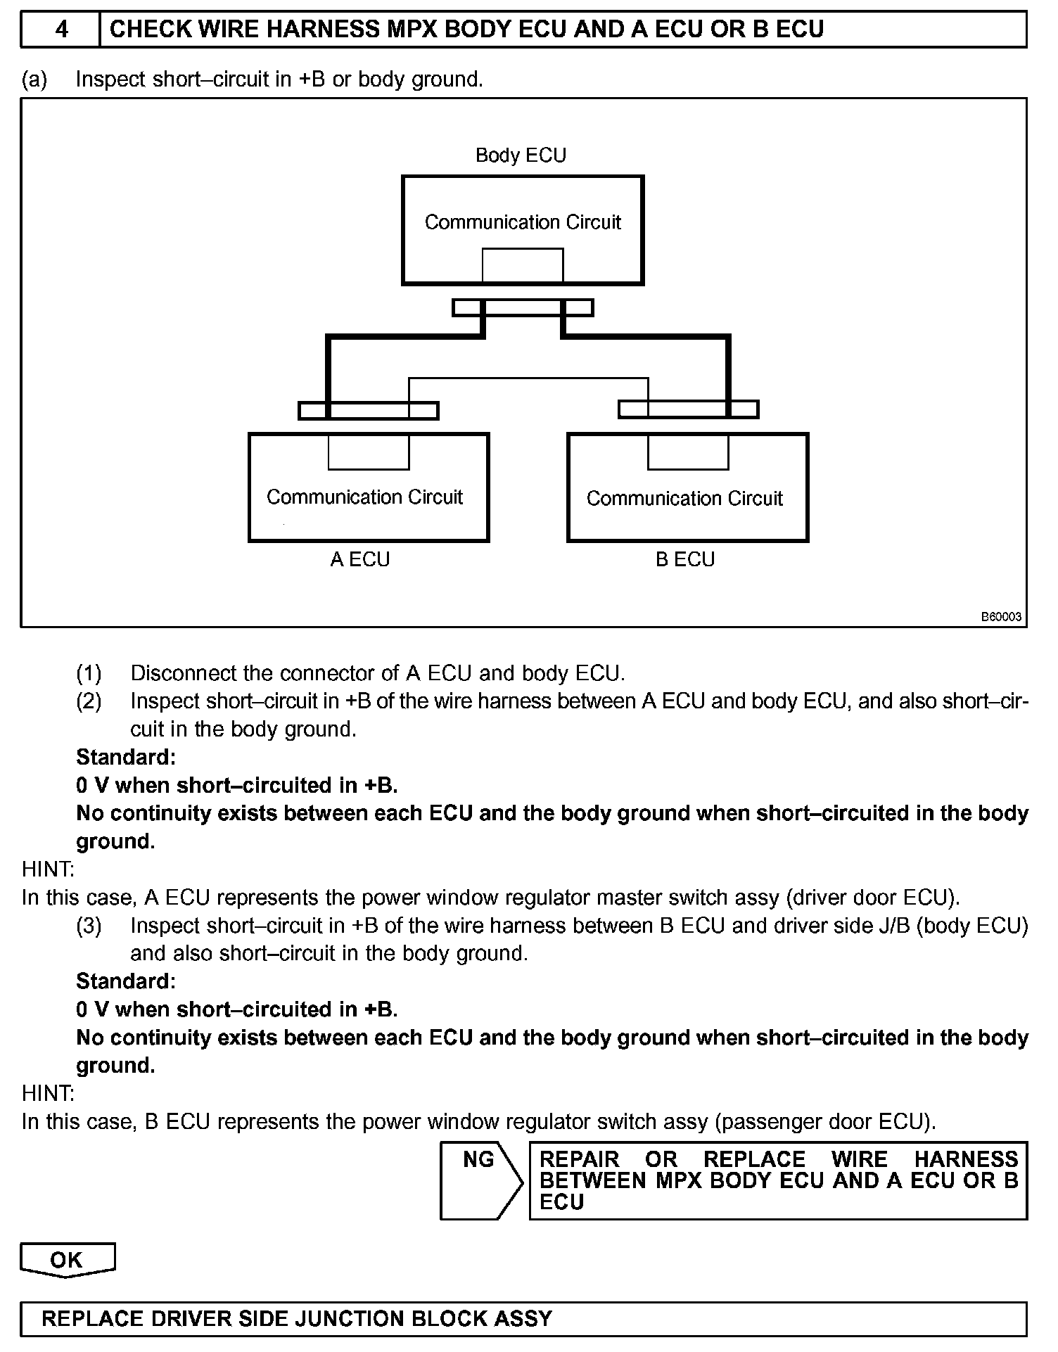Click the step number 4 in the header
(61, 30)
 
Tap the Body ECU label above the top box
(521, 155)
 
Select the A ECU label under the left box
(359, 559)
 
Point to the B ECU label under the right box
(684, 559)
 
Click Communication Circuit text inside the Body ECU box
(523, 222)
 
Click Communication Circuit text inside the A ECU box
(364, 497)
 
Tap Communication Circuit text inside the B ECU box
(684, 499)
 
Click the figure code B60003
(1001, 617)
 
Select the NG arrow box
(480, 1180)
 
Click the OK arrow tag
(67, 1258)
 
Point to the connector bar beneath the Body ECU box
(523, 308)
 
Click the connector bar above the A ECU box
(369, 411)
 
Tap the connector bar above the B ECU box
(688, 409)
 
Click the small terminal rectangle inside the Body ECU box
(522, 265)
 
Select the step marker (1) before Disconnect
(89, 673)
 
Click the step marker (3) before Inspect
(89, 926)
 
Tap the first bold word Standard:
(126, 758)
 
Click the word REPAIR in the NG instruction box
(579, 1159)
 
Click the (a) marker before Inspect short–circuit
(34, 79)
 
